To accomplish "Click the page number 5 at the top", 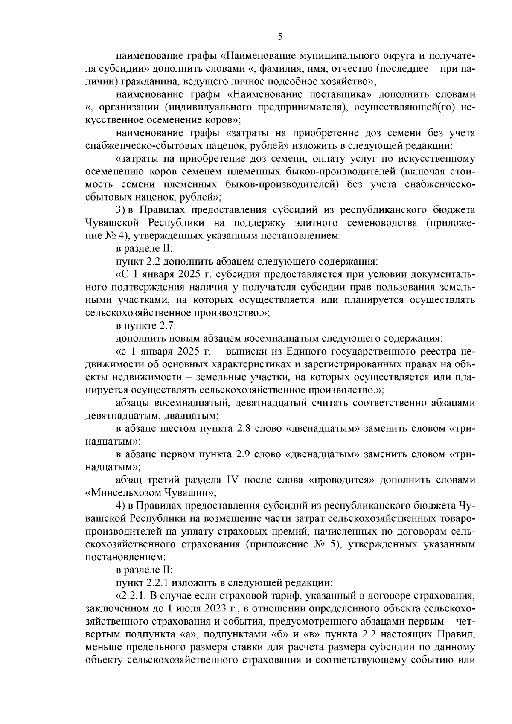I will coord(280,37).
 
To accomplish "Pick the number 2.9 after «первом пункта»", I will coord(242,455).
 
